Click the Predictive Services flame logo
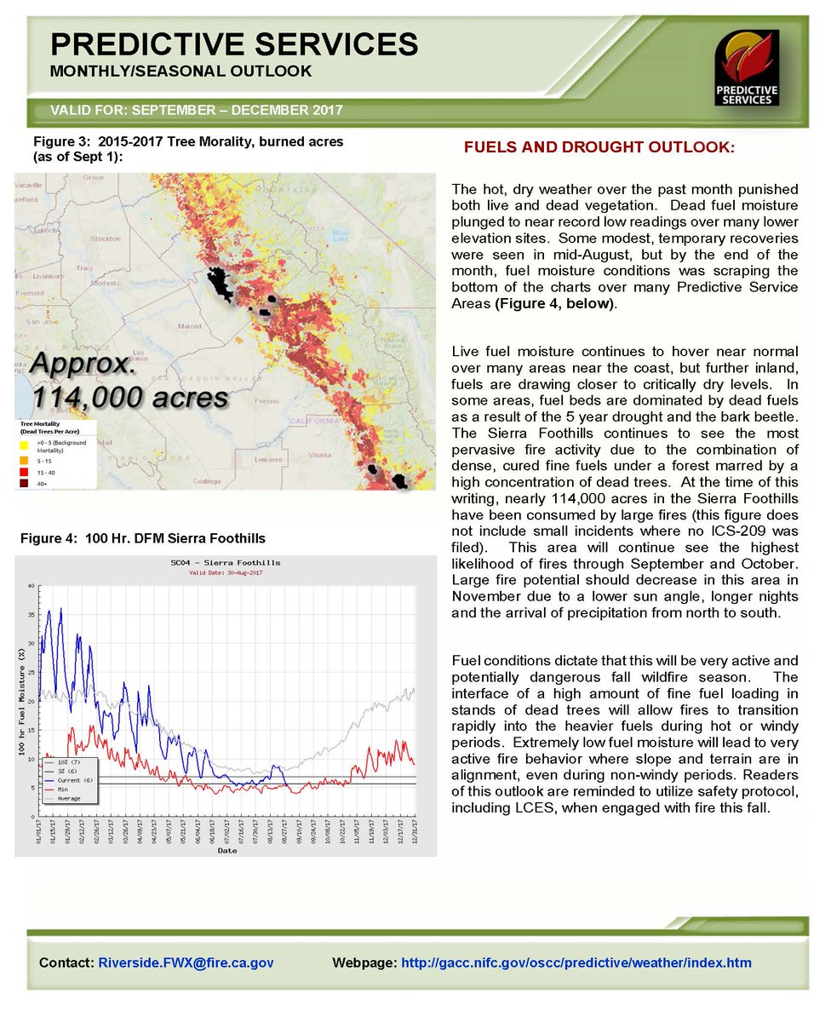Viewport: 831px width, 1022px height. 747,68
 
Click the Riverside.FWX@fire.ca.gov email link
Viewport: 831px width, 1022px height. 186,962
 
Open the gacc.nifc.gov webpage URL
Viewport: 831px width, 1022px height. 576,962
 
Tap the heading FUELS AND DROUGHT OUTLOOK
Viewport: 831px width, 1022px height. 599,147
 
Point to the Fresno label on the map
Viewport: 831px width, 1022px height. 261,399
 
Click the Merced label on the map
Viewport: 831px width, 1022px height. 189,326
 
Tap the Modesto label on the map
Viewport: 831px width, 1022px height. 107,282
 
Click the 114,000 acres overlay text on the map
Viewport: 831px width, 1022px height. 130,397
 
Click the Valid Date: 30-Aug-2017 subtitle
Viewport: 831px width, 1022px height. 225,573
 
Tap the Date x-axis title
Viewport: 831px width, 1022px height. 226,850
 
